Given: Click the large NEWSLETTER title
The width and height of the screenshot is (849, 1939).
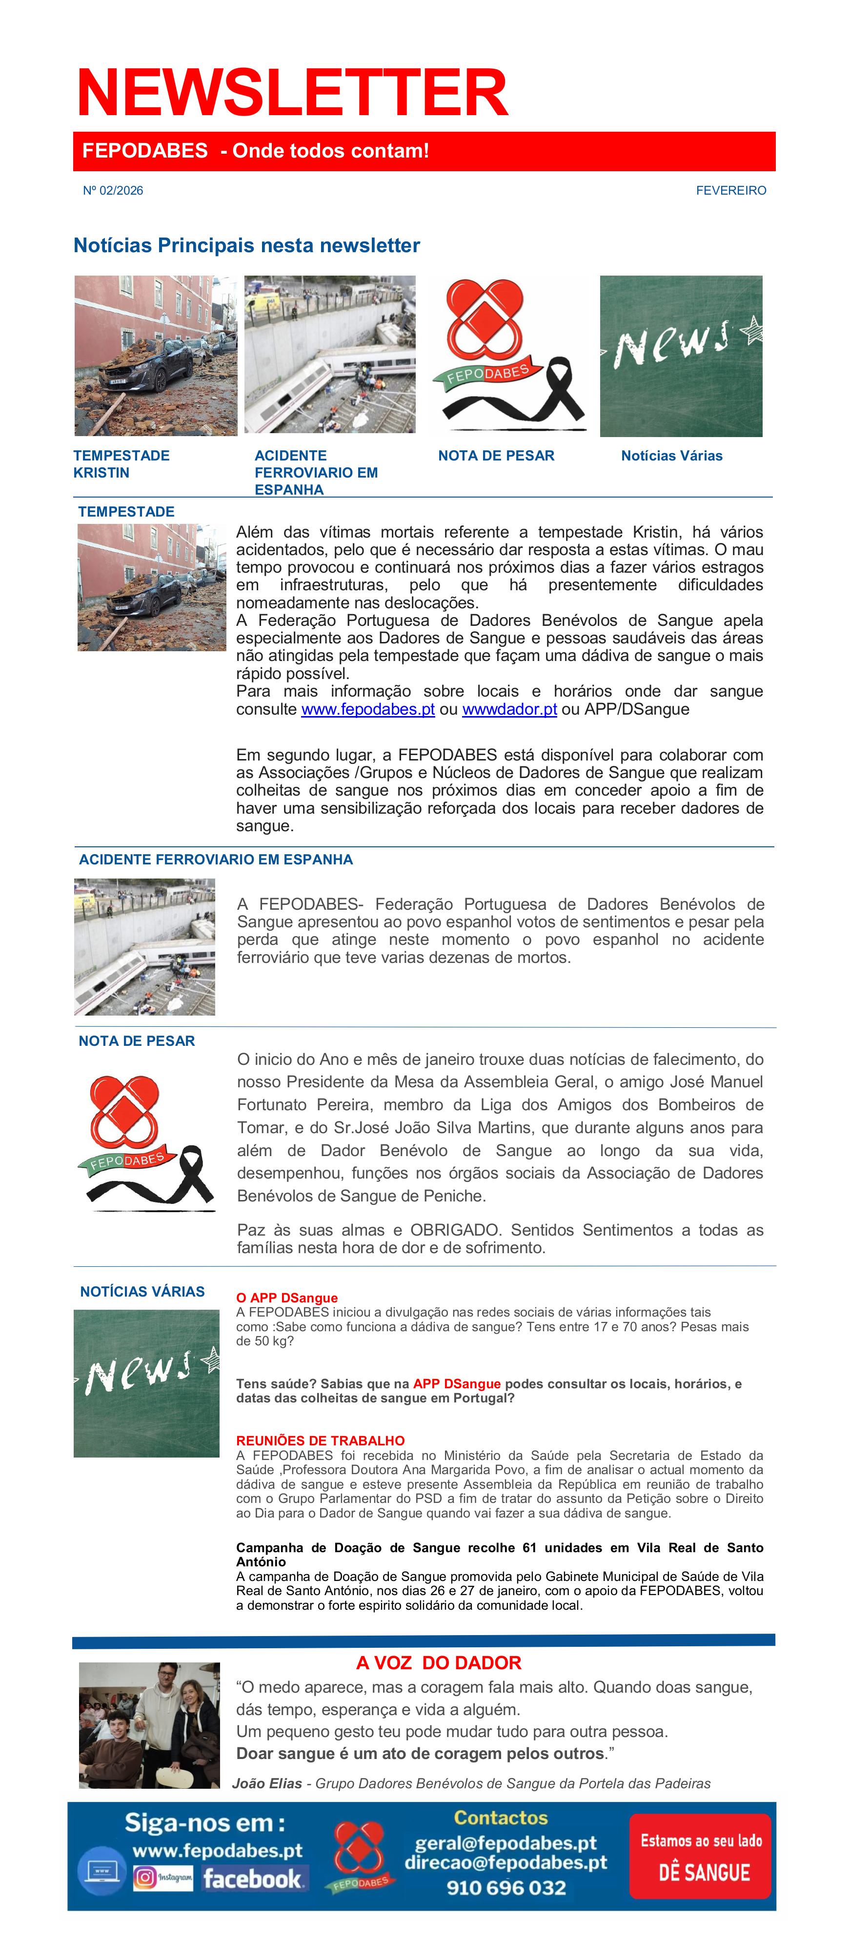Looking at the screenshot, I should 292,93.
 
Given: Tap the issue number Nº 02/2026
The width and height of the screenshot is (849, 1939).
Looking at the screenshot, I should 113,190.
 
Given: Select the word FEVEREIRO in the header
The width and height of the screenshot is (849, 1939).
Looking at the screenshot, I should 730,190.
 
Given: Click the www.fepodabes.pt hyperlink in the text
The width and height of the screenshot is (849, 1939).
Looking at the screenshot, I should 367,709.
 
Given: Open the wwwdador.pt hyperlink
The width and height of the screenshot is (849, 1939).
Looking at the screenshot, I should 509,709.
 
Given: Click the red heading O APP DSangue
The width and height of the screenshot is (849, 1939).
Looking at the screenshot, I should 287,1298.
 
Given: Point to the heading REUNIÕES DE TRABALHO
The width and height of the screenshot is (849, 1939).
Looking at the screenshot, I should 320,1440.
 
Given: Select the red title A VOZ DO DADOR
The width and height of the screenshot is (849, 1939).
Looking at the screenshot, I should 438,1663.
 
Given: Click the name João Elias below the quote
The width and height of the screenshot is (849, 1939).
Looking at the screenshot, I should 266,1783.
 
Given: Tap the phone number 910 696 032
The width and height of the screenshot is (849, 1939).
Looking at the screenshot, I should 506,1887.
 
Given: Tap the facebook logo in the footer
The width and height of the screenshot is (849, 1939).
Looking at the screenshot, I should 252,1879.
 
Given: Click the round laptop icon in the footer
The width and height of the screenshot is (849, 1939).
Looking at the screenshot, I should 101,1871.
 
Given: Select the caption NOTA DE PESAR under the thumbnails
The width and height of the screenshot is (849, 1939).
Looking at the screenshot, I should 496,456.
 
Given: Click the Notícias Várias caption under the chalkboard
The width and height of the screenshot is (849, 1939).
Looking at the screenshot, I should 671,456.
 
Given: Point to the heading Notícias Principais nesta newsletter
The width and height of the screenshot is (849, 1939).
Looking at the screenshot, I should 246,245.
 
